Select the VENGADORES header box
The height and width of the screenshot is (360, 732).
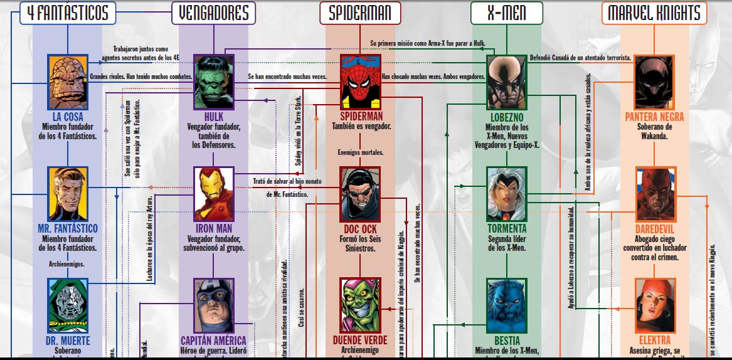214,13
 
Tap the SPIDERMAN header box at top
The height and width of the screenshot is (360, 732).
361,13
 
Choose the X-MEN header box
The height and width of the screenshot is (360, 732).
506,13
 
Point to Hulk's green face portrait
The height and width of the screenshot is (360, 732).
214,82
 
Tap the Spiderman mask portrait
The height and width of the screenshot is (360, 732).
361,82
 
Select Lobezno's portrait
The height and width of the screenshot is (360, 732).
507,82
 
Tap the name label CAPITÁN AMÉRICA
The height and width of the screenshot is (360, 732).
214,341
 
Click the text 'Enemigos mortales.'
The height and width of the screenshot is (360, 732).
361,152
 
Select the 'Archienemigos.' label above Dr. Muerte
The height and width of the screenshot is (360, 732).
66,264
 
